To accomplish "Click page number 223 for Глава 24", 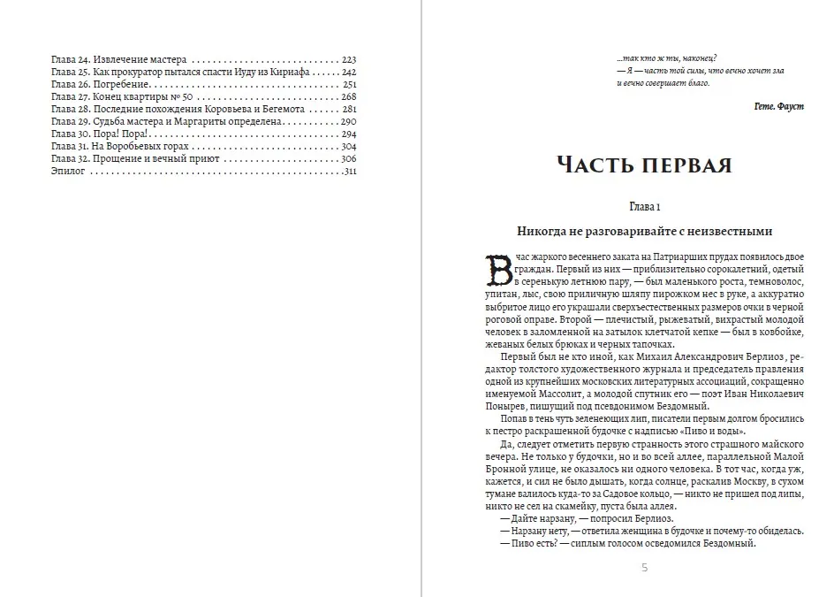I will pos(347,58).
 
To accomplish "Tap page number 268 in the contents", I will pos(347,96).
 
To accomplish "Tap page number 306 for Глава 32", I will pos(347,158).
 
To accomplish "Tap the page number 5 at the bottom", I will pos(645,568).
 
